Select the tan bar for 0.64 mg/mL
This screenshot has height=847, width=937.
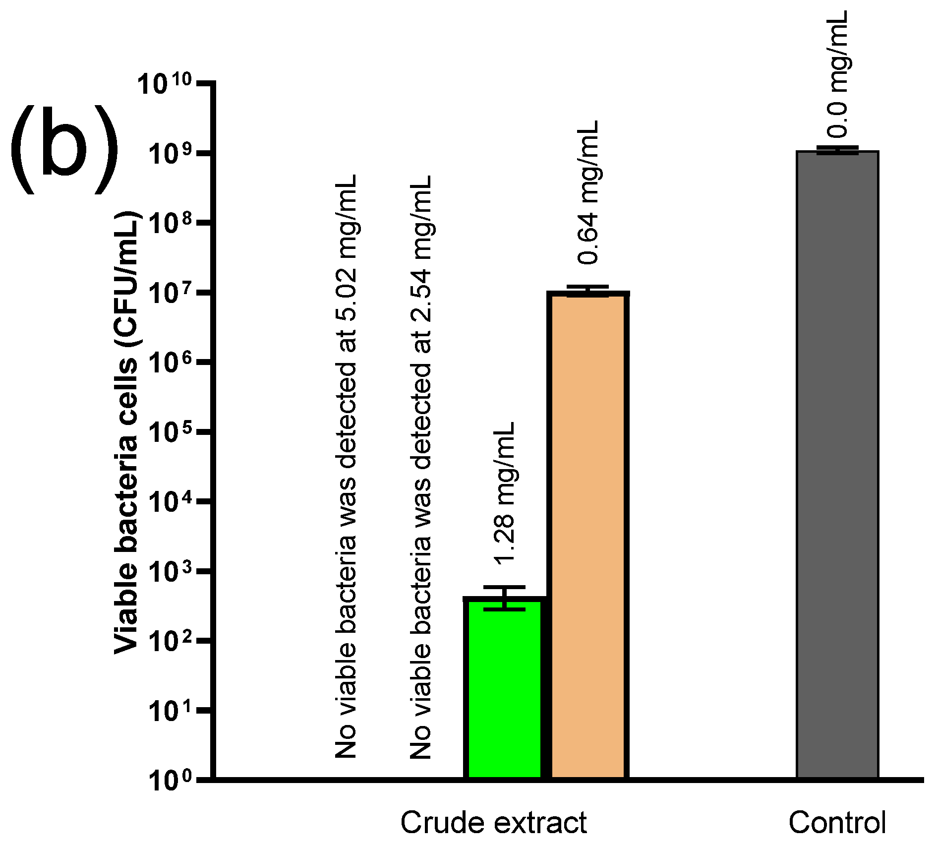pyautogui.click(x=588, y=536)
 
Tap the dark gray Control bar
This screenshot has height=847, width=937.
pyautogui.click(x=837, y=466)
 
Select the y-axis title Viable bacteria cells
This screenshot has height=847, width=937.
pyautogui.click(x=127, y=431)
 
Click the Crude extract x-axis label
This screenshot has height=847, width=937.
pyautogui.click(x=493, y=823)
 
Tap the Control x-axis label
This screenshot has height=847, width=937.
pyautogui.click(x=837, y=823)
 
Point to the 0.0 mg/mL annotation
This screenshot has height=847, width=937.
pyautogui.click(x=838, y=74)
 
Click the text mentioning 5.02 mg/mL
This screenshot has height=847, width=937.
pyautogui.click(x=346, y=466)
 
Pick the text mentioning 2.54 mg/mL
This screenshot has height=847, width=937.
pyautogui.click(x=421, y=466)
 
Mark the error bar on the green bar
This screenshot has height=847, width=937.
pyautogui.click(x=505, y=598)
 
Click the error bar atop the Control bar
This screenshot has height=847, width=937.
pyautogui.click(x=837, y=150)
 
